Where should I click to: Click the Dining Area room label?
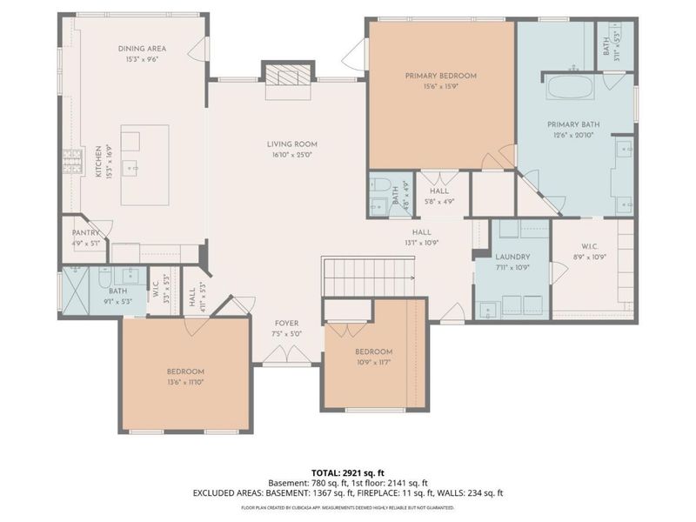[x=142, y=49]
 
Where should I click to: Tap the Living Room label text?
[x=291, y=144]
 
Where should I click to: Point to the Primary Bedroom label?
[x=440, y=76]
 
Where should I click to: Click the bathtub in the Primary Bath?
[x=569, y=88]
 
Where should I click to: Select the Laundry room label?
[x=512, y=258]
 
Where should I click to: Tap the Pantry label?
[x=86, y=232]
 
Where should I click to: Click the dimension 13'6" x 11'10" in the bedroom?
[x=185, y=382]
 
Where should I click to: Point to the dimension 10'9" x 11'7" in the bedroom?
[x=373, y=363]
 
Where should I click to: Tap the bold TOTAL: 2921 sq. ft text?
[x=347, y=472]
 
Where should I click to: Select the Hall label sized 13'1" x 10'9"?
[x=422, y=232]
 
